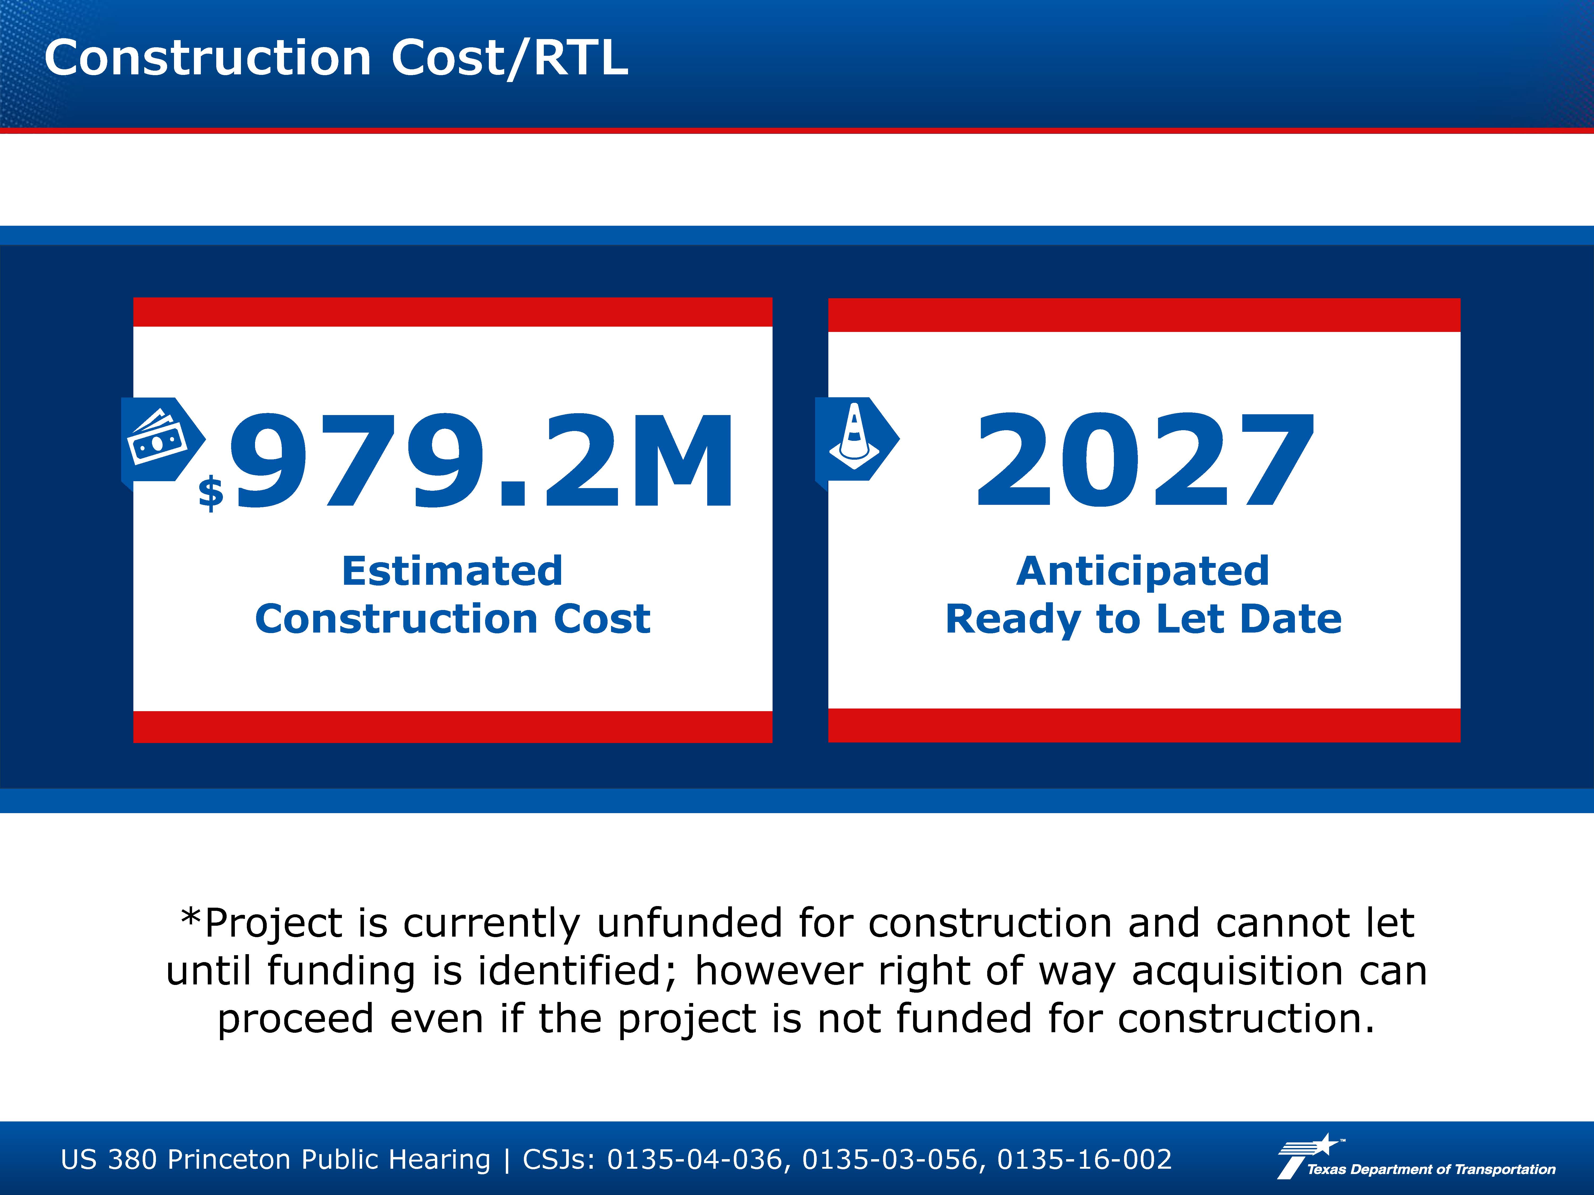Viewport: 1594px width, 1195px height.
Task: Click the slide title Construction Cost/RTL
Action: (336, 58)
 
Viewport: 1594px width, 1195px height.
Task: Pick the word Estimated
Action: (452, 571)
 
